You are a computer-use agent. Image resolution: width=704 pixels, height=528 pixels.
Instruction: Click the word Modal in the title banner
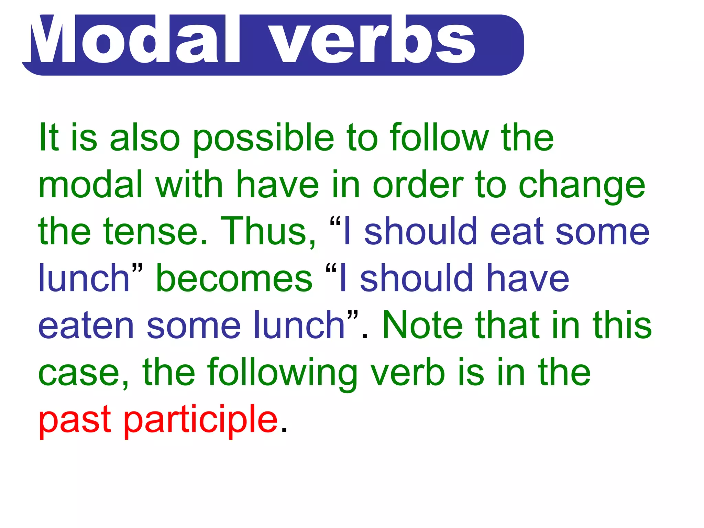point(136,40)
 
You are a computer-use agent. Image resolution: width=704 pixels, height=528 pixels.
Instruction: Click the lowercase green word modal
point(90,185)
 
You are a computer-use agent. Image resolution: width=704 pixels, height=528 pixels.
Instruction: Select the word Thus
point(268,232)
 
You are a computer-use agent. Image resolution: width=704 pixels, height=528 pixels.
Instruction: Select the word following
point(282,373)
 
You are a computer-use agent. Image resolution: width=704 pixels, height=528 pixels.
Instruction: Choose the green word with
point(189,185)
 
